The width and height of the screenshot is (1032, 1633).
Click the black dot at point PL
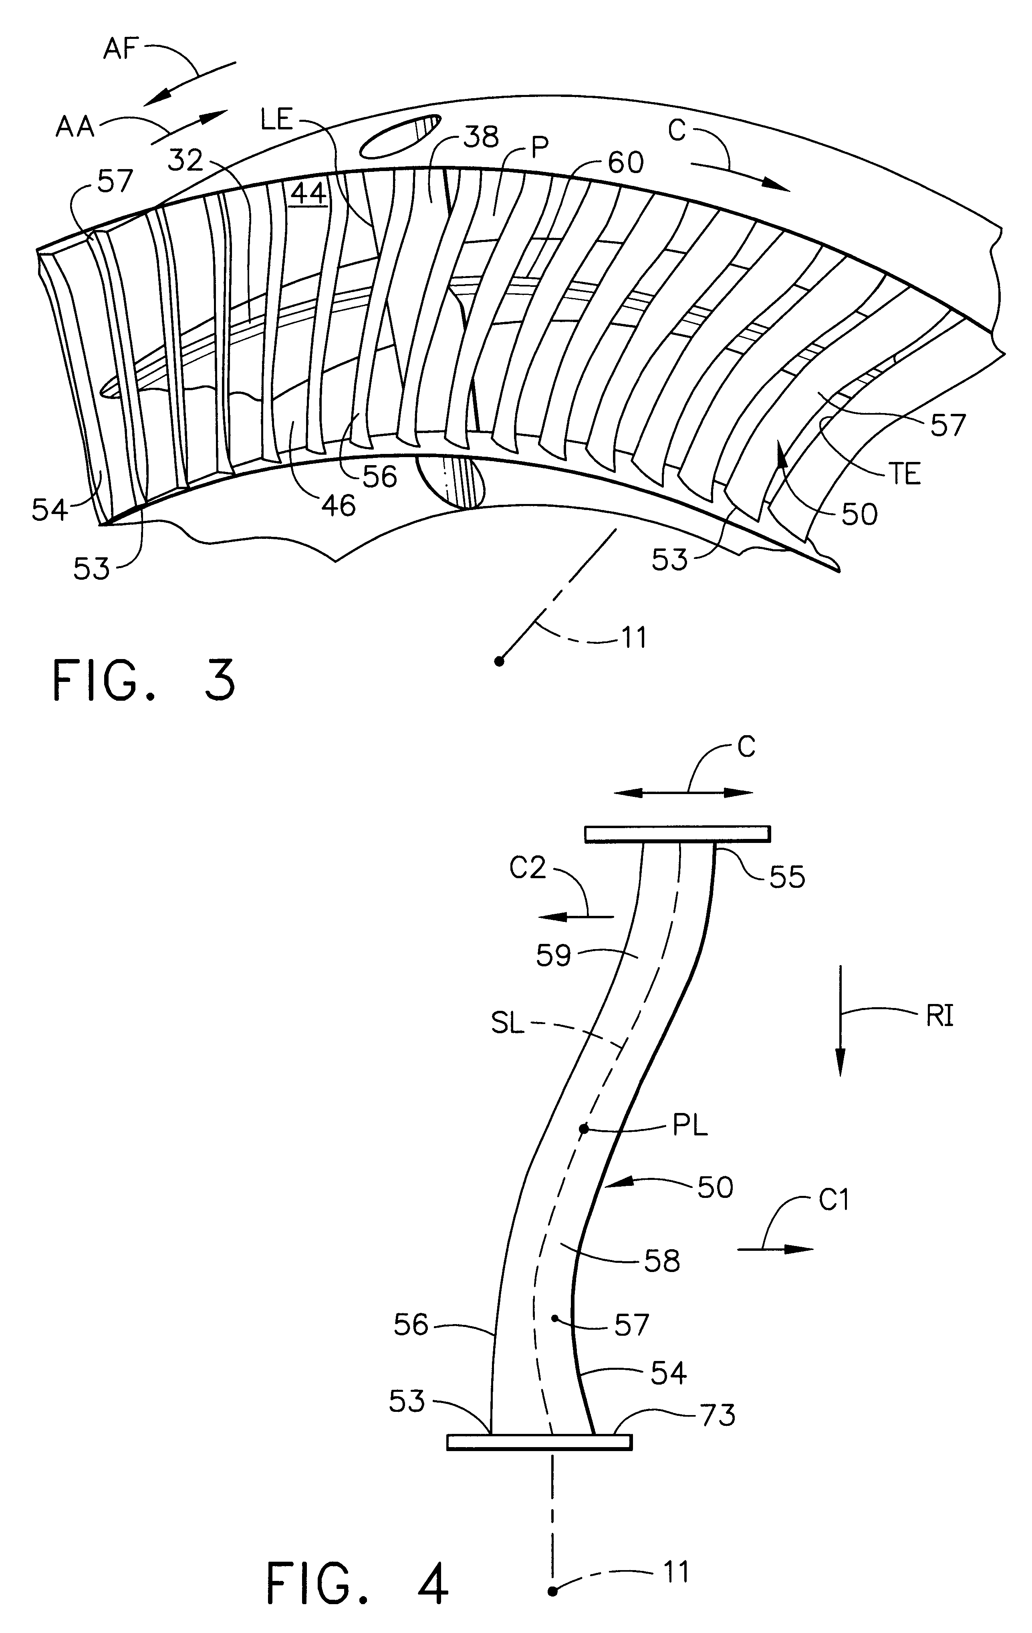tap(583, 1129)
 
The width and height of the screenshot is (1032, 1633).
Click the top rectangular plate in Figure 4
tap(677, 833)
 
